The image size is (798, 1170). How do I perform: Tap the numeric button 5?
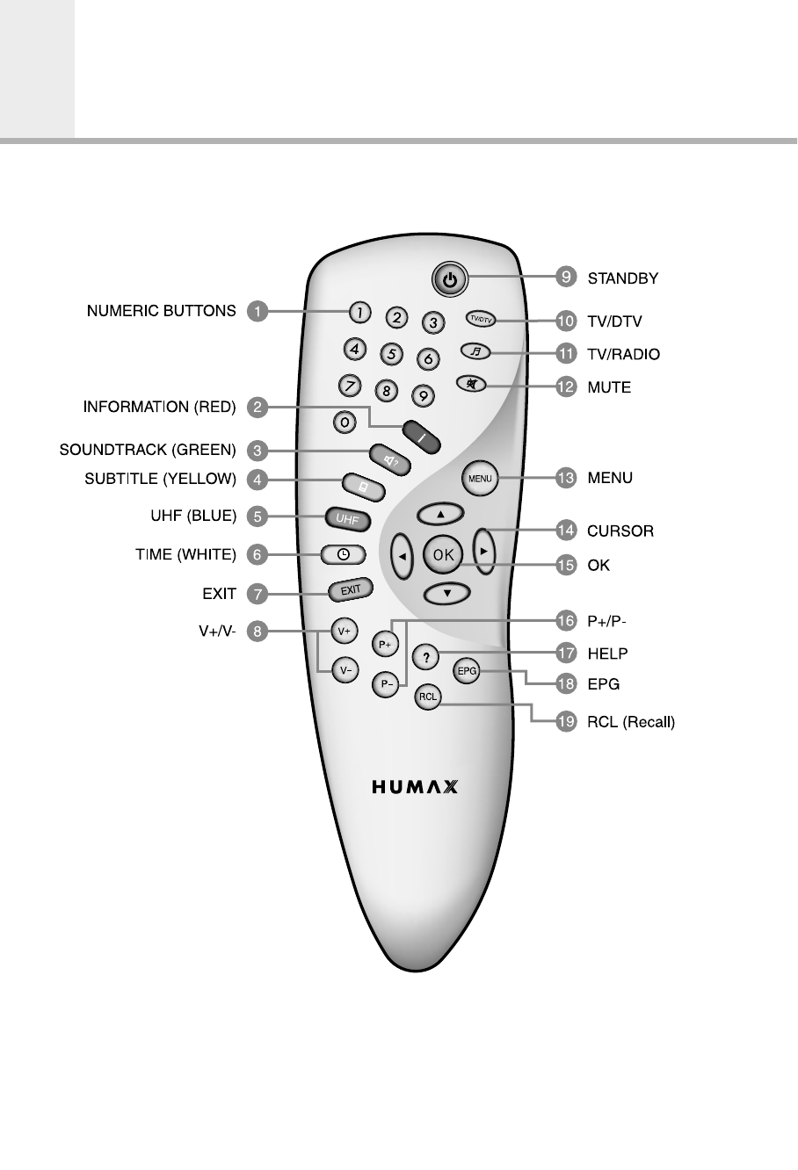[391, 354]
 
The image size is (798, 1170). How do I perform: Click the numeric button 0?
[345, 422]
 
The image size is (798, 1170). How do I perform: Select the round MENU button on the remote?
[480, 479]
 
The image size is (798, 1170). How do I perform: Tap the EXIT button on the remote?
[351, 590]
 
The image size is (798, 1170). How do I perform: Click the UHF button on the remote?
[346, 519]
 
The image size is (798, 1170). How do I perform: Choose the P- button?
[385, 683]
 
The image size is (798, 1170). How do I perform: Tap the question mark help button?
[425, 655]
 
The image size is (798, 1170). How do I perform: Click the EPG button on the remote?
[466, 671]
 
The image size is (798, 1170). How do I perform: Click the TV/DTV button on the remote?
[480, 320]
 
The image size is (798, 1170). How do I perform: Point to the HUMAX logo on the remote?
[415, 786]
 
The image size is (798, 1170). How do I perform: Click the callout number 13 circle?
[566, 478]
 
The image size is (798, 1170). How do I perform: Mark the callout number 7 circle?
[257, 594]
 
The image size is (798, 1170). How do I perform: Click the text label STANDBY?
[622, 278]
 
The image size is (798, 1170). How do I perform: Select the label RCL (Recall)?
[630, 723]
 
